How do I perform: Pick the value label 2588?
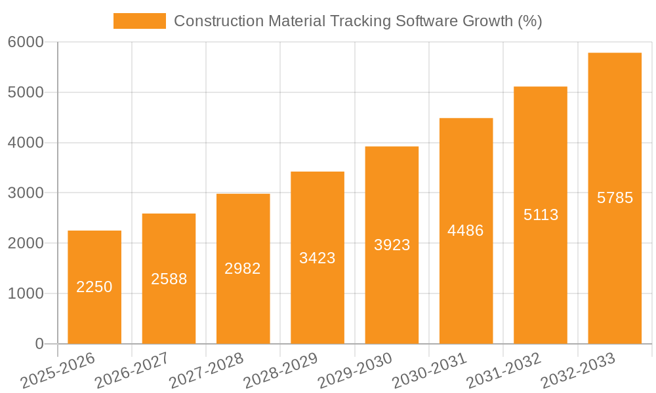pyautogui.click(x=169, y=279)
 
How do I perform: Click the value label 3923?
pyautogui.click(x=392, y=245)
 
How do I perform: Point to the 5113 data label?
pyautogui.click(x=541, y=215)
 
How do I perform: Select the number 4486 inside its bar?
pyautogui.click(x=466, y=231)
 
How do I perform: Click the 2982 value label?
pyautogui.click(x=243, y=269)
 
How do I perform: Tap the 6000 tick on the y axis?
pyautogui.click(x=26, y=43)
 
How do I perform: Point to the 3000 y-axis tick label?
pyautogui.click(x=26, y=193)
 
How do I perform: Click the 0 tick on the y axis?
pyautogui.click(x=39, y=344)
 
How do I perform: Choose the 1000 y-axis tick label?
pyautogui.click(x=26, y=293)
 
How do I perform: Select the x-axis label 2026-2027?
pyautogui.click(x=131, y=370)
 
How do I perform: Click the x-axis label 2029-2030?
pyautogui.click(x=355, y=370)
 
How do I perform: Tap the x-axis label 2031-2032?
pyautogui.click(x=504, y=370)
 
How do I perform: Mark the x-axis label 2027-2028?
pyautogui.click(x=206, y=370)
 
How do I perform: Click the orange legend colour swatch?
pyautogui.click(x=139, y=21)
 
